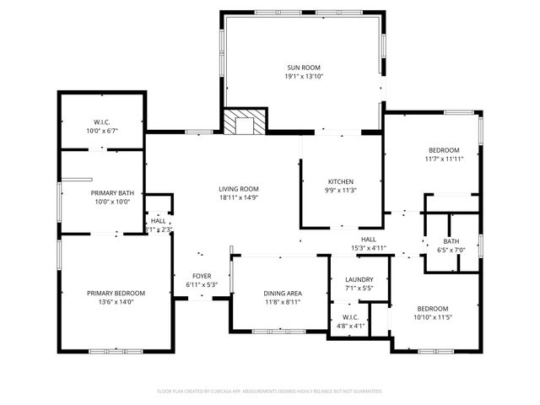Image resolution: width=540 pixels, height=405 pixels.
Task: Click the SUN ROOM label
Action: [304, 67]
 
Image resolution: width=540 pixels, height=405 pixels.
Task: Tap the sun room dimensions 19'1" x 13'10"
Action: [304, 77]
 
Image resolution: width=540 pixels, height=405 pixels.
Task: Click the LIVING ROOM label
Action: [239, 189]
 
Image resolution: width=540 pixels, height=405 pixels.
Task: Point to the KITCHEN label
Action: [341, 181]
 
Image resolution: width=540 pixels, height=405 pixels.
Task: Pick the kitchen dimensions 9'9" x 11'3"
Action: [341, 191]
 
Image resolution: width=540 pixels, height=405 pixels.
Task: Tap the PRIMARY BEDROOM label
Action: [116, 293]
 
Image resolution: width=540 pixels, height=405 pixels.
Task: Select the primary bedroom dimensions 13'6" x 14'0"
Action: [116, 302]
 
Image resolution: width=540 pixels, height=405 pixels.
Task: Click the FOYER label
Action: [202, 276]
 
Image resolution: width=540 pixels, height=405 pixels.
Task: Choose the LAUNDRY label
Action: [359, 279]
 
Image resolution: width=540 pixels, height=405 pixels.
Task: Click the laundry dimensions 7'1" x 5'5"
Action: [359, 289]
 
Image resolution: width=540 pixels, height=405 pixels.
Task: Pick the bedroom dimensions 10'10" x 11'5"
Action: [432, 317]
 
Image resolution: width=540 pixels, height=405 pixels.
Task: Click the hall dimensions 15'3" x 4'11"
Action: [368, 248]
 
